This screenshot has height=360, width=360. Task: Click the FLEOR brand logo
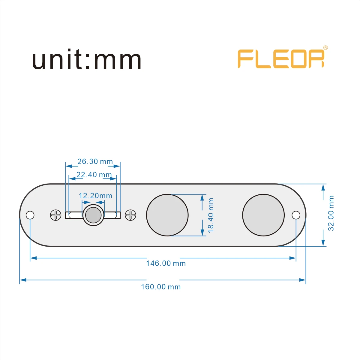281,59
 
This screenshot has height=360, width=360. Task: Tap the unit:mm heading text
87,60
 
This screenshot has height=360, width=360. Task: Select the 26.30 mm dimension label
95,161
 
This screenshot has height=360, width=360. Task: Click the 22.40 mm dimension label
94,175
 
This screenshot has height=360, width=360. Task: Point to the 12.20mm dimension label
95,196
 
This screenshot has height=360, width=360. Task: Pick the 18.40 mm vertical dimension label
211,215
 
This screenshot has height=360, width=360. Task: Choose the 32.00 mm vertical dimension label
331,213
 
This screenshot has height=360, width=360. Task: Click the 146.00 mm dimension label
166,263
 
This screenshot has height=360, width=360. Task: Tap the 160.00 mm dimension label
161,287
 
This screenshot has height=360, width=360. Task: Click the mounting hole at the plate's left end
30,215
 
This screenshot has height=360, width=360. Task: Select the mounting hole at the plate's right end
296,215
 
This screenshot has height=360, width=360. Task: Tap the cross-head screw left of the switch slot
56,215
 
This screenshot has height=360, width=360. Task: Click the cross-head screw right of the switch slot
130,215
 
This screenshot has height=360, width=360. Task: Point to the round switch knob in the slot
93,215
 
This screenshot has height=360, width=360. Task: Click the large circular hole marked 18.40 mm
167,215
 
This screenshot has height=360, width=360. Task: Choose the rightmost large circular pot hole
263,215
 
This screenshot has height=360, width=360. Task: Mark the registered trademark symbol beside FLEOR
325,48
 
